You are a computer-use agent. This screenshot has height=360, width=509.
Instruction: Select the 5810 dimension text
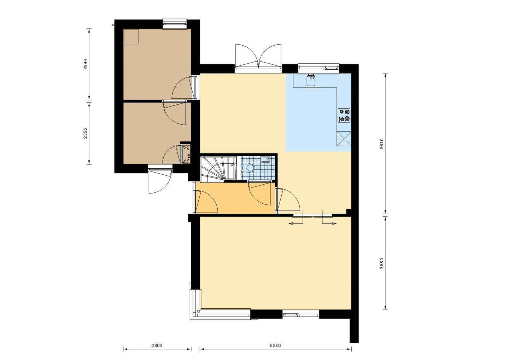[381, 144]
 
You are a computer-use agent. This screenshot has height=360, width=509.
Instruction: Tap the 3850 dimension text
[381, 263]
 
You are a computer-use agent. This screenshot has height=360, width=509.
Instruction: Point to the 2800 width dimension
[157, 346]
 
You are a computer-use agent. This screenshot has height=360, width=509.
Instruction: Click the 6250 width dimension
[275, 346]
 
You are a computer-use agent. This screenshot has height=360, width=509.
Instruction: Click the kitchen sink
[311, 81]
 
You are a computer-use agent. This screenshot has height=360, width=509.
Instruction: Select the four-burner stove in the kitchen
[344, 115]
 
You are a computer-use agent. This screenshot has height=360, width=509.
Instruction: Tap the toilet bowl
[250, 168]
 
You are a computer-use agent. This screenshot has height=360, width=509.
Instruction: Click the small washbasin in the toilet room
[265, 159]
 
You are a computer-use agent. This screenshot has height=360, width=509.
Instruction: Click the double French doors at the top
[258, 57]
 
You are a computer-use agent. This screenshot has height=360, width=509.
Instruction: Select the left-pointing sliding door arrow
[296, 223]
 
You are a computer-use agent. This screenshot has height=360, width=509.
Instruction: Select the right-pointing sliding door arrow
[329, 223]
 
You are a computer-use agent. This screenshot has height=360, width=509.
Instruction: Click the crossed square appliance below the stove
[344, 139]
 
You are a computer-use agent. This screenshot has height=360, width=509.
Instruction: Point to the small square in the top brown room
[131, 37]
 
